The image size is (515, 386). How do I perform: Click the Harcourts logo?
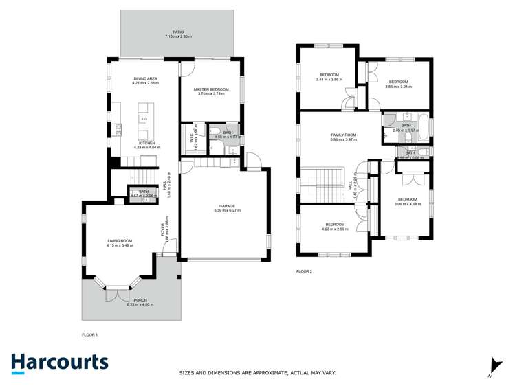(59, 363)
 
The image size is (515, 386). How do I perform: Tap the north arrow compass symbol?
(491, 367)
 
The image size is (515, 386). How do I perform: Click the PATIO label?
(178, 32)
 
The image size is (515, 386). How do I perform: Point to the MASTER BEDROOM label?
(210, 90)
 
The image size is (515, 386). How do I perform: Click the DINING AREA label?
(146, 79)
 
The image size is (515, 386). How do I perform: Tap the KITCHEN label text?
(146, 143)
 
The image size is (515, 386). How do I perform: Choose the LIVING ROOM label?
(119, 241)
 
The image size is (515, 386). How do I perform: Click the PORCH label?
(131, 300)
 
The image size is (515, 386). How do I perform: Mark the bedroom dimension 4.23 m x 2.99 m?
(335, 229)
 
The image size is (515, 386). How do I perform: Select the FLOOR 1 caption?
(89, 334)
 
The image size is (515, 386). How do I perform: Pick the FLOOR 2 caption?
(304, 271)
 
